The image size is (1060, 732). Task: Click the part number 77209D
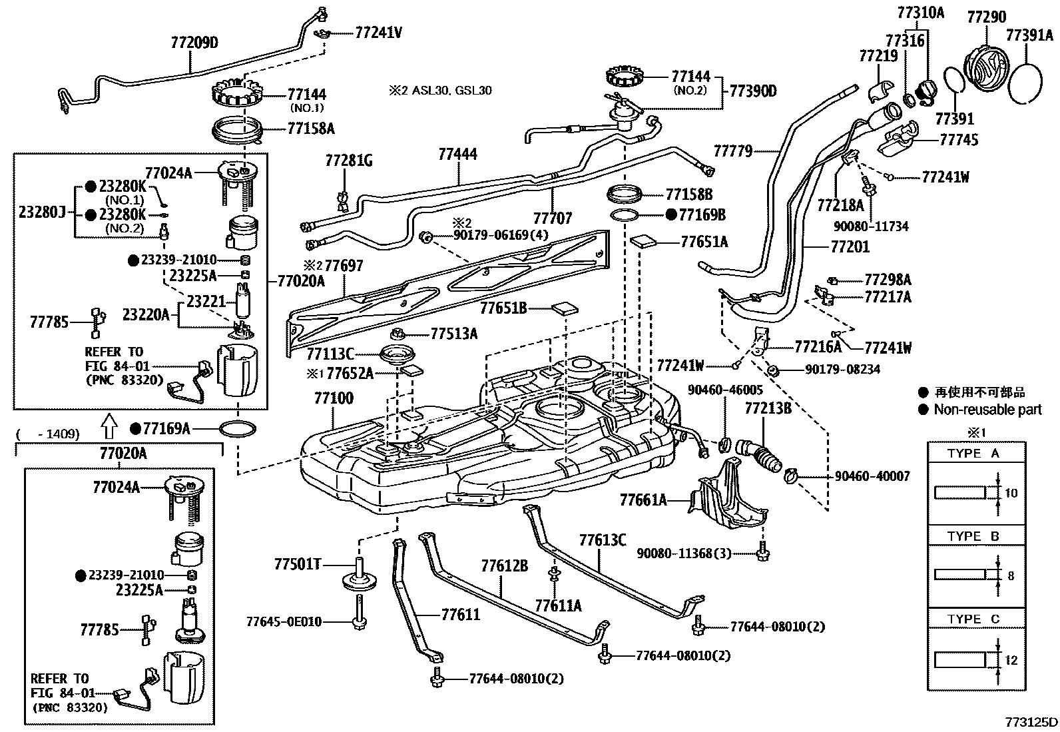click(194, 44)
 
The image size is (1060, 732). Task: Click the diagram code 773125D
click(1031, 722)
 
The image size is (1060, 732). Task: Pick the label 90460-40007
click(872, 476)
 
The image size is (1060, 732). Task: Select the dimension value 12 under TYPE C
click(1011, 660)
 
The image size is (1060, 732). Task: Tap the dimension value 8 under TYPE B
click(1011, 575)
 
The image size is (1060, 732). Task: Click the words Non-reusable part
click(987, 410)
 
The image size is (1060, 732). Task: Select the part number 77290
click(986, 17)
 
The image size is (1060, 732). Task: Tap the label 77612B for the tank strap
click(505, 566)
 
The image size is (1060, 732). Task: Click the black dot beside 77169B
click(671, 214)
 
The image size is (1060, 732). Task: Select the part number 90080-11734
click(870, 226)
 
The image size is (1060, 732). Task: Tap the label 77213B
click(768, 408)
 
